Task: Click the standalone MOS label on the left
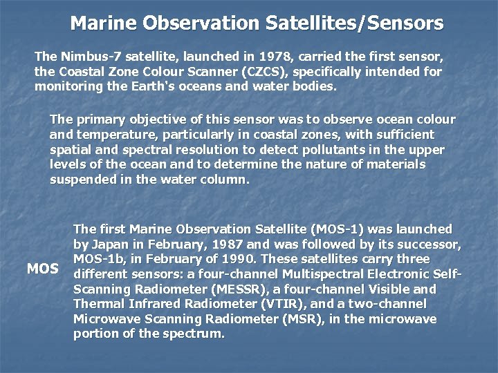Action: tap(42, 268)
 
